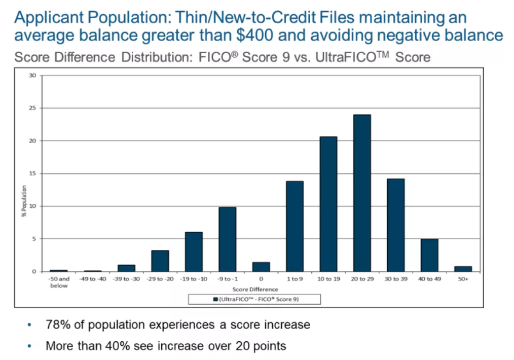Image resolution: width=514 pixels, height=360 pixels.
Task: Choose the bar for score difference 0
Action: click(261, 267)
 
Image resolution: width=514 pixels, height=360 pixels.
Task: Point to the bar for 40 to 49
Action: click(429, 255)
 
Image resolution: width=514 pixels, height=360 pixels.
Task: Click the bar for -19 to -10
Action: click(194, 251)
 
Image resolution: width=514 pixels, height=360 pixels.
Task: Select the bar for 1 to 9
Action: click(295, 226)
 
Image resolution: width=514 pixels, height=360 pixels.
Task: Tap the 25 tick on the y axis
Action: click(33, 108)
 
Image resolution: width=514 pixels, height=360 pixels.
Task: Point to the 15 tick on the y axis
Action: click(33, 173)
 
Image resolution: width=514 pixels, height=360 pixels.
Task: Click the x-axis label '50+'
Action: click(463, 279)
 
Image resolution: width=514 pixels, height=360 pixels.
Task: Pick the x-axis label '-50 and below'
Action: click(59, 282)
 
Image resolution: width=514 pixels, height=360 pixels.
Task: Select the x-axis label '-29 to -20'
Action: click(160, 279)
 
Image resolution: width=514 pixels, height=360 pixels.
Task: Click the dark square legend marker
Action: click(215, 299)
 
